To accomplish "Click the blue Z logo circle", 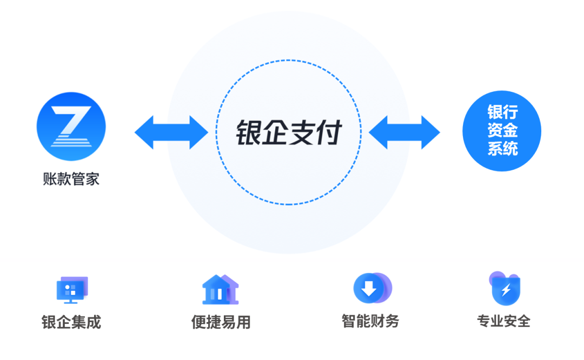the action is click(x=71, y=126).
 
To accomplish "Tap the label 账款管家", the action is click(x=71, y=179).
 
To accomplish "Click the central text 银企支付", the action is click(x=289, y=132).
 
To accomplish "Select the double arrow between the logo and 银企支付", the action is click(x=171, y=132).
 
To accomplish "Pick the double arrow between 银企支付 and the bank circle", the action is click(x=404, y=132).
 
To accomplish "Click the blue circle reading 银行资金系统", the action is click(x=502, y=131).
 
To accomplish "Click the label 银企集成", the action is click(x=71, y=322).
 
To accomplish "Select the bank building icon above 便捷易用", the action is click(x=220, y=289).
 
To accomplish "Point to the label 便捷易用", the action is click(x=221, y=322).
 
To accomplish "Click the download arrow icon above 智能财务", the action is click(x=373, y=288).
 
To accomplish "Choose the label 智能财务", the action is click(x=370, y=321).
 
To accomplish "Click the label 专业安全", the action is click(x=503, y=321).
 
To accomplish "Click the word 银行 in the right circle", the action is click(x=502, y=112).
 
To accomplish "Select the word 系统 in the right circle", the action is click(x=502, y=148).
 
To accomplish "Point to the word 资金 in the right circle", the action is click(x=502, y=130).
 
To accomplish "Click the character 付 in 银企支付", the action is click(x=329, y=132).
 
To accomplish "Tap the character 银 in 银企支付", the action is click(x=248, y=132).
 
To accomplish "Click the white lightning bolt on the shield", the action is click(x=506, y=290).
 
